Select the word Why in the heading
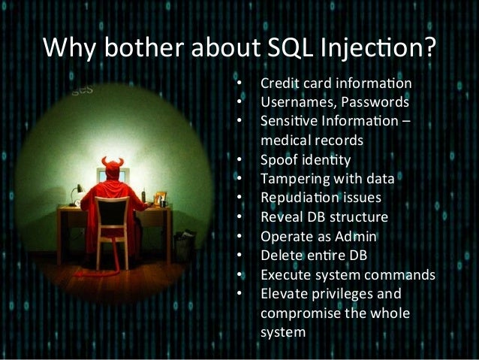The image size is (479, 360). [x=71, y=49]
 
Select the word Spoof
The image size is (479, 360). [x=277, y=160]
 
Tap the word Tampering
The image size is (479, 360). [x=291, y=180]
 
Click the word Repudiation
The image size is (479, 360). [x=297, y=198]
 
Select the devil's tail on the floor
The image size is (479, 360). [x=113, y=271]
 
